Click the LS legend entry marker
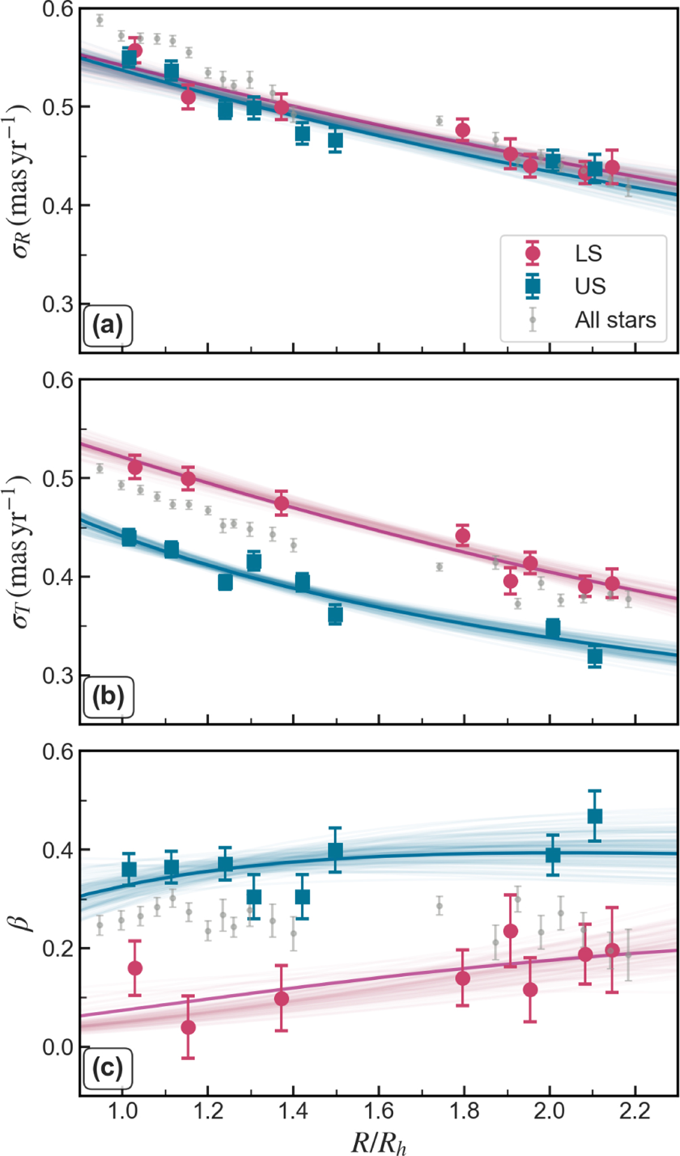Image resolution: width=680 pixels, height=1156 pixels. pyautogui.click(x=533, y=253)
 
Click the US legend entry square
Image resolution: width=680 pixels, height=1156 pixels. pyautogui.click(x=533, y=286)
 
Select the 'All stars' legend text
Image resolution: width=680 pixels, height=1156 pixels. pyautogui.click(x=615, y=320)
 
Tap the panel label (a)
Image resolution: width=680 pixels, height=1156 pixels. pyautogui.click(x=108, y=327)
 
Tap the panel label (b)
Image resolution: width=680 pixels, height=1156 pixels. pyautogui.click(x=108, y=697)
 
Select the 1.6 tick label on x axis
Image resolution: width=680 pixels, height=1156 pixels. pyautogui.click(x=379, y=1111)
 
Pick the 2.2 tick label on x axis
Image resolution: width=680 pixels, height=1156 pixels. pyautogui.click(x=634, y=1111)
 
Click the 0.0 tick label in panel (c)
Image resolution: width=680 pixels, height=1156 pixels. pyautogui.click(x=58, y=1047)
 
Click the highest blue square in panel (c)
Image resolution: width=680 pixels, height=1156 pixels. pyautogui.click(x=594, y=816)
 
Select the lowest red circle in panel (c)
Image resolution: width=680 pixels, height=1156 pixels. pyautogui.click(x=188, y=1027)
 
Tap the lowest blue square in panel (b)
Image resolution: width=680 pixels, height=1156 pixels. pyautogui.click(x=594, y=657)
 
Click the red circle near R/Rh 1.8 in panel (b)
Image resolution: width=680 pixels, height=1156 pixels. pyautogui.click(x=462, y=535)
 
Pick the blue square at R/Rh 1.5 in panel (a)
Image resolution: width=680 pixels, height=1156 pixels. pyautogui.click(x=335, y=141)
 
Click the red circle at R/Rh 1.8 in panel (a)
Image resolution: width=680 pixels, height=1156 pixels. pyautogui.click(x=462, y=130)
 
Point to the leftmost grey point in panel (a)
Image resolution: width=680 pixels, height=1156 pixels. pyautogui.click(x=100, y=20)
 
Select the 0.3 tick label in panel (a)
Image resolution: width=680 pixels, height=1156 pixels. pyautogui.click(x=58, y=304)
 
